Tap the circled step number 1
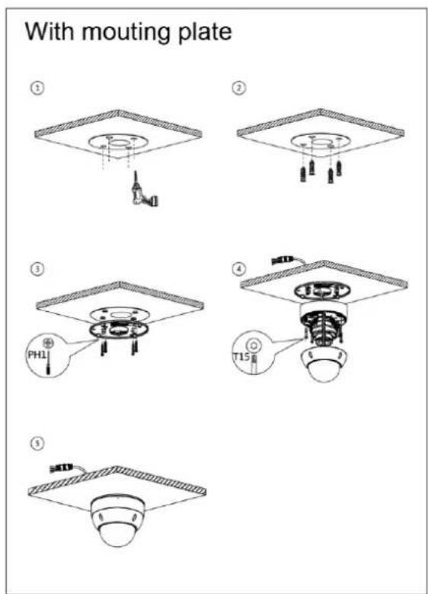tap(37, 88)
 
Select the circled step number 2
tap(239, 88)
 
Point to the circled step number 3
tap(37, 268)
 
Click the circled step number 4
tap(239, 268)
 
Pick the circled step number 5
tap(37, 443)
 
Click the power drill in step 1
tap(143, 190)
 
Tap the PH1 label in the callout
tap(37, 355)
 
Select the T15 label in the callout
tap(241, 356)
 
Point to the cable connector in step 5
tap(61, 468)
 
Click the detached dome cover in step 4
tap(324, 364)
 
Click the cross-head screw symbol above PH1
tap(48, 343)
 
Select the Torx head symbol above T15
tap(254, 345)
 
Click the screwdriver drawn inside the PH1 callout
tap(48, 361)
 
